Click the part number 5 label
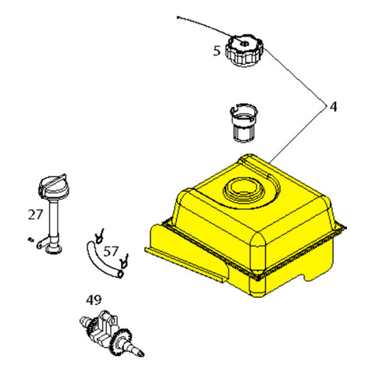(x=217, y=51)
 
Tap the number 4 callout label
(x=333, y=107)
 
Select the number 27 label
(x=35, y=214)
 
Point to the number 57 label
(x=111, y=251)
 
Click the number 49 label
(x=94, y=300)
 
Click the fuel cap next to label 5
(x=244, y=50)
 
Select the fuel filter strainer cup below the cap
(x=243, y=123)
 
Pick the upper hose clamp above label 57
(x=100, y=236)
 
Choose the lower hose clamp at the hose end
(x=124, y=261)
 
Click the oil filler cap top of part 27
(x=52, y=186)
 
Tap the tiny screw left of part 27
(x=30, y=239)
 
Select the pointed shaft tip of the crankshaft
(x=141, y=354)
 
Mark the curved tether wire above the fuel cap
(x=205, y=27)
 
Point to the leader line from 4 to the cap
(x=295, y=77)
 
